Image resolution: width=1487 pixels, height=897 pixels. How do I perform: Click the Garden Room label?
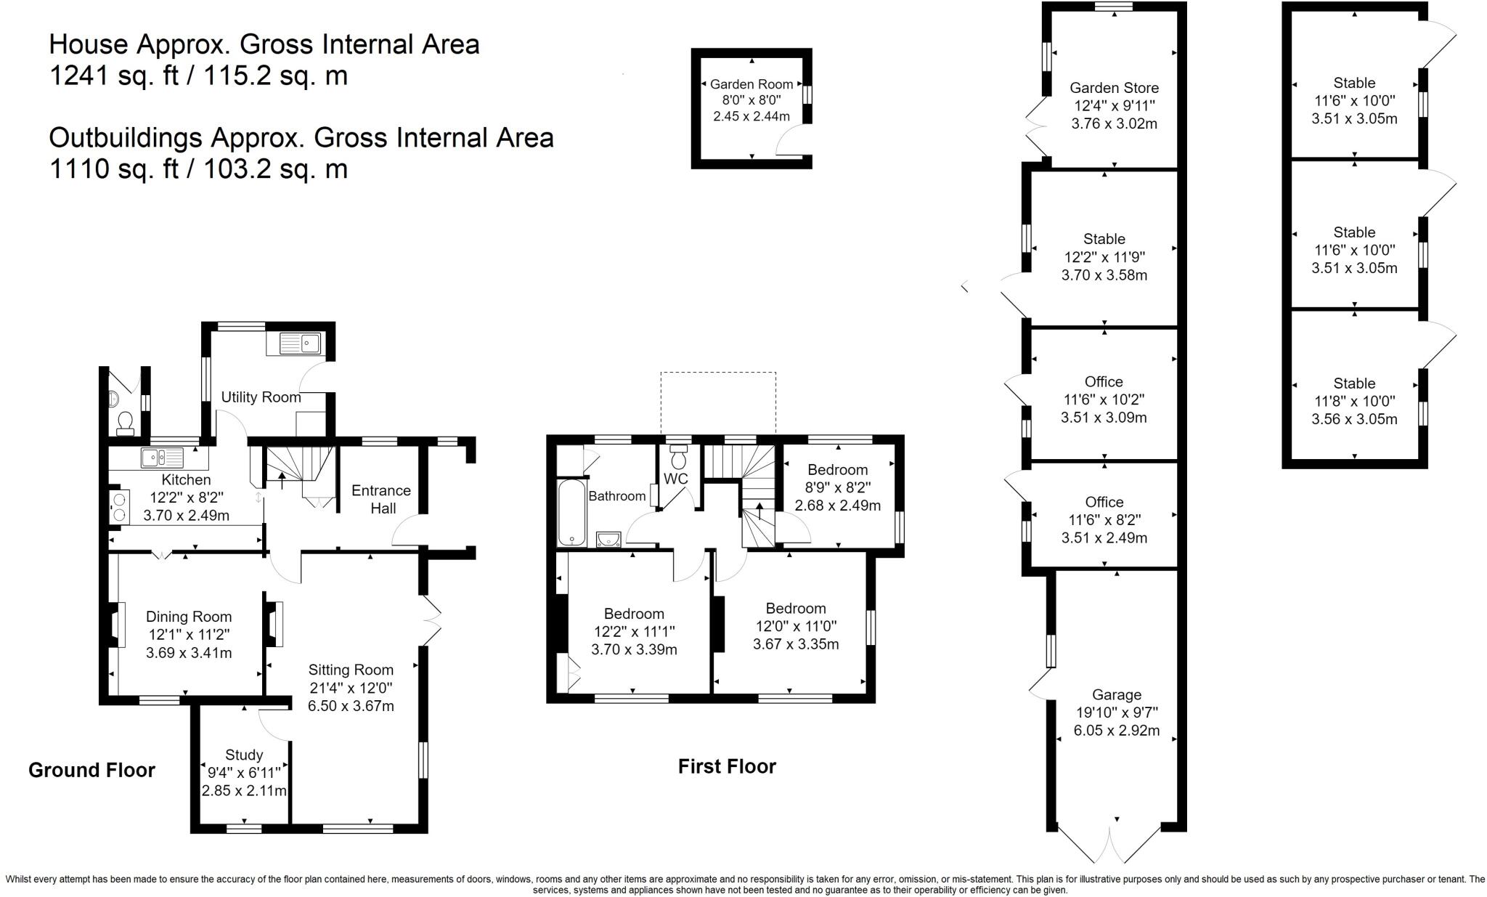click(751, 84)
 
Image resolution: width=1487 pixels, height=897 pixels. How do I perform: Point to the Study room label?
click(244, 755)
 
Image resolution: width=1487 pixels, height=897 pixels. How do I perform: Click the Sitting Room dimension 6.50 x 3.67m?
click(351, 706)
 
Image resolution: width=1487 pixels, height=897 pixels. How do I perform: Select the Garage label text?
click(1117, 695)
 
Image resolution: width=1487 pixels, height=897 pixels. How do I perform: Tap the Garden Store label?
click(1114, 88)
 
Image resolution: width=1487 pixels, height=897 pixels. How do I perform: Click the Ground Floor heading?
click(91, 770)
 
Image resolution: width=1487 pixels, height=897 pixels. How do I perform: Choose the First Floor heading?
click(727, 766)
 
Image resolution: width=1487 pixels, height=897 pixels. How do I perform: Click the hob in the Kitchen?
click(118, 507)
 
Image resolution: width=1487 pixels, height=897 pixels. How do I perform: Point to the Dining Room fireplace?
click(115, 625)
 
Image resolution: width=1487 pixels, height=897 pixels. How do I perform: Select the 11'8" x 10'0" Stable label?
click(1354, 401)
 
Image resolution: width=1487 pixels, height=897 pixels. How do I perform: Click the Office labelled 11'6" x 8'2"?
click(1104, 520)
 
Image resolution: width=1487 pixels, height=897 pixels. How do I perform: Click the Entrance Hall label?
click(381, 499)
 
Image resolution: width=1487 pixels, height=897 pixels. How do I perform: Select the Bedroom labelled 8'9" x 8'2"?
click(837, 487)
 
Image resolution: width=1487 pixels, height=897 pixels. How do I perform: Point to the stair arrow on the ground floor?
click(282, 479)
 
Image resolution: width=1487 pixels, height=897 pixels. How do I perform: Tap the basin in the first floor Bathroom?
click(608, 538)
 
